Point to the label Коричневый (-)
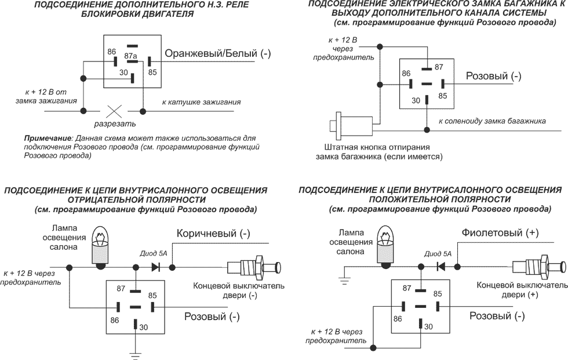pyautogui.click(x=213, y=234)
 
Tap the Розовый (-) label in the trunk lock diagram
pyautogui.click(x=494, y=76)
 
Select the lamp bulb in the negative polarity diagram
pyautogui.click(x=102, y=246)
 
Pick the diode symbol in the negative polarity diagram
pyautogui.click(x=155, y=267)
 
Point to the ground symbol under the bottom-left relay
pyautogui.click(x=136, y=354)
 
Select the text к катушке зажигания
pyautogui.click(x=201, y=101)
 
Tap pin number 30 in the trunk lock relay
pyautogui.click(x=416, y=100)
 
